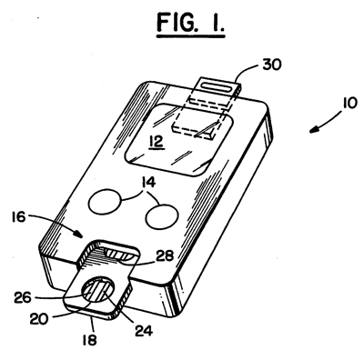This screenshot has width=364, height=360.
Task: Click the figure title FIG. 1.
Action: tap(182, 21)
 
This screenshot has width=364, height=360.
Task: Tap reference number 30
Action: tap(270, 66)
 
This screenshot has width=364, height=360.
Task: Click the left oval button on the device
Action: tap(111, 200)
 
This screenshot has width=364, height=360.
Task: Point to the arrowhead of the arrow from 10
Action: tap(308, 131)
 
